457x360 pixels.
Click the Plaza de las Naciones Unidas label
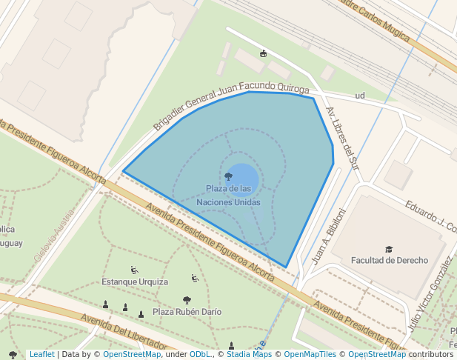coord(228,195)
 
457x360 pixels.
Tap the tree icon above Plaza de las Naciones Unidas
coord(228,176)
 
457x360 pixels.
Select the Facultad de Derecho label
coord(390,260)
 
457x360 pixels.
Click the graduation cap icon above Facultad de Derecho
coord(389,249)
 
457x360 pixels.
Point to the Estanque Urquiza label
coord(135,281)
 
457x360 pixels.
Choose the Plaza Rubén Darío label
coord(187,312)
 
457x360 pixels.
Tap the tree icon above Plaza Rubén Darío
coord(187,300)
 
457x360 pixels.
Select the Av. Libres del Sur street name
coord(343,138)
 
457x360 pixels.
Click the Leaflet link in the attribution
coord(42,354)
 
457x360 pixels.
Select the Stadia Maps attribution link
coord(248,354)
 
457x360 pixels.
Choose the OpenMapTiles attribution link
coord(310,354)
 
